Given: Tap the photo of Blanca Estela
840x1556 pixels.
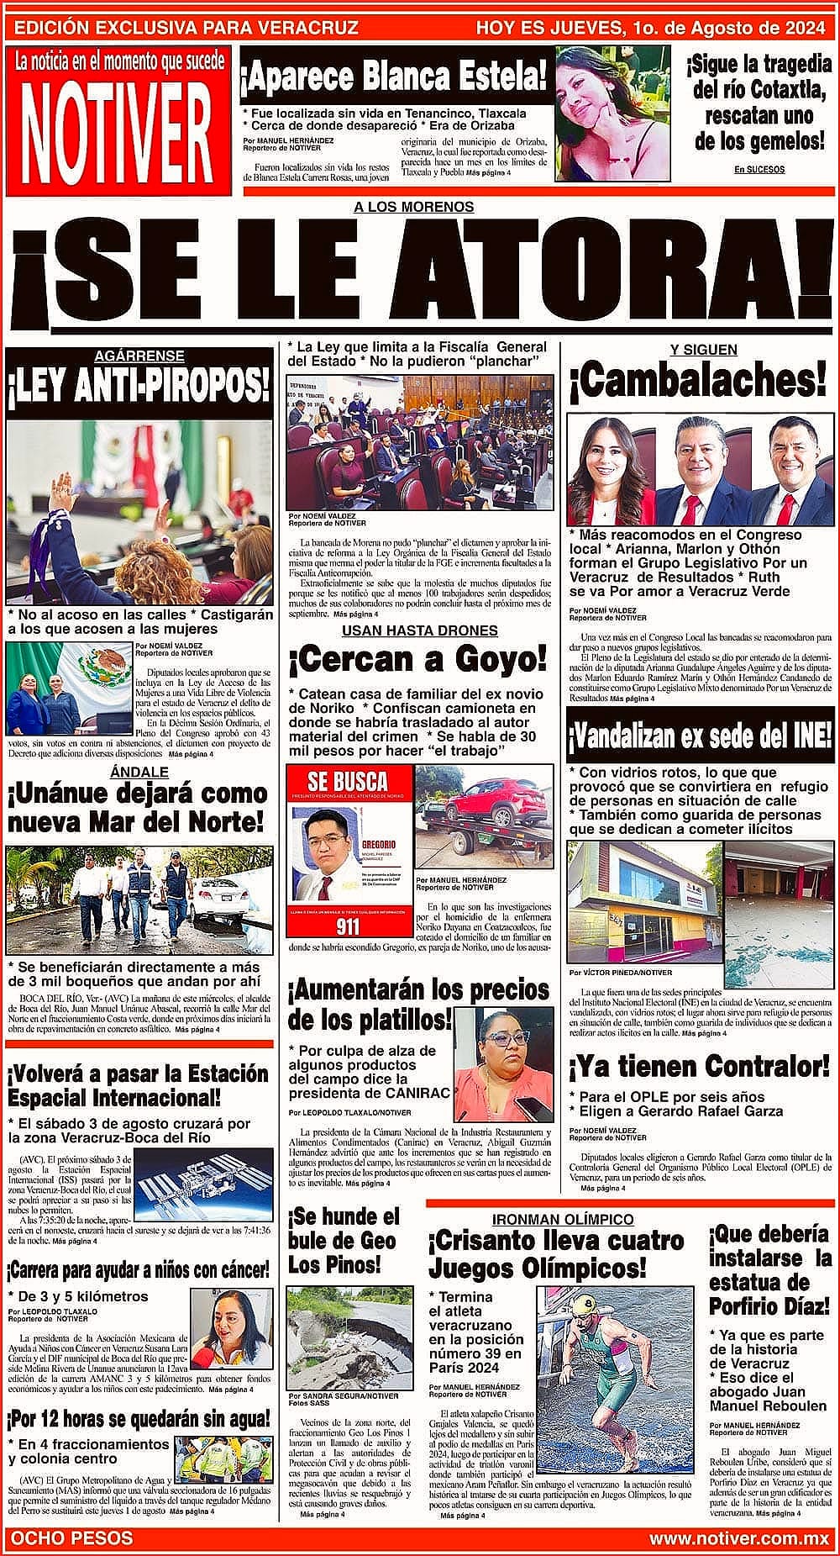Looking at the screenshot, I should click(x=612, y=113).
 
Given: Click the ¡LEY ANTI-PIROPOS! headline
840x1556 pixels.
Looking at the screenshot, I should click(x=139, y=388).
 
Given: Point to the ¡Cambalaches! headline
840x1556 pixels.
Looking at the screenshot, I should click(x=698, y=381).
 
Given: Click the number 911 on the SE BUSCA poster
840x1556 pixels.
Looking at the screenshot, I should click(x=347, y=926).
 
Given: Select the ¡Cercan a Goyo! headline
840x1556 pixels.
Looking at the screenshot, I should click(x=417, y=660).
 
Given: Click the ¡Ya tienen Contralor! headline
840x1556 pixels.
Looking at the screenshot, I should click(x=699, y=1067).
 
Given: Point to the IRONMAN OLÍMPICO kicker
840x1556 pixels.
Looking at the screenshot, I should click(x=563, y=1219).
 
